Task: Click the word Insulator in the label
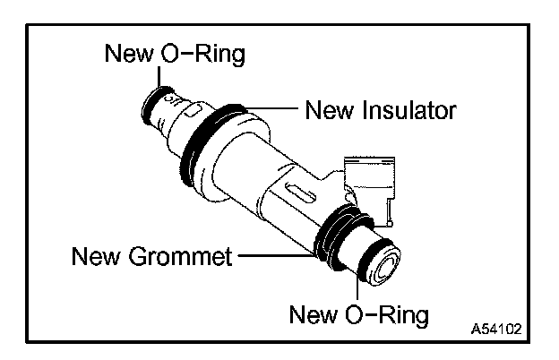(x=408, y=110)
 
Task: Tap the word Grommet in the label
(x=180, y=256)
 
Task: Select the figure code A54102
(x=496, y=329)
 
